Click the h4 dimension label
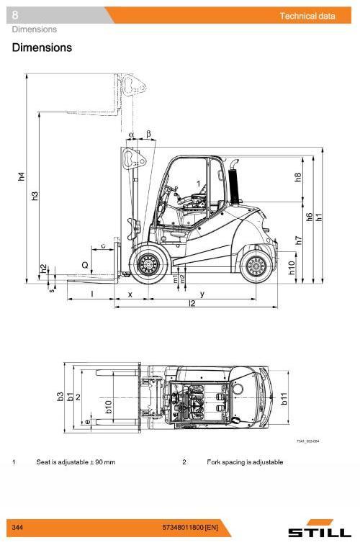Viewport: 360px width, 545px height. (21, 176)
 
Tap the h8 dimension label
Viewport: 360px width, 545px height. (298, 177)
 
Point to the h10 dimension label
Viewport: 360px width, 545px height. (292, 269)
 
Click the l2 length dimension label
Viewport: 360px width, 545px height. (192, 304)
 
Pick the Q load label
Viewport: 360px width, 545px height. (85, 265)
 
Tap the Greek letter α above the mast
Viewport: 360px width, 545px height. (132, 134)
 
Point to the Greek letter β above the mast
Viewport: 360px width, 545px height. (148, 134)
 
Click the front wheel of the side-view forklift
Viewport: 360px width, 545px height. (150, 264)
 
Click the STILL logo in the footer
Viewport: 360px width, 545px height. (319, 531)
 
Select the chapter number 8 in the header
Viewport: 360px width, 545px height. (15, 14)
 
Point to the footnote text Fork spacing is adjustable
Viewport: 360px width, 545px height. (245, 461)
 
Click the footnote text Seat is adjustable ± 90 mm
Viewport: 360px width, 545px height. (76, 461)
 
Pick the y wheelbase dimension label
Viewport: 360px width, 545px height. (202, 294)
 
